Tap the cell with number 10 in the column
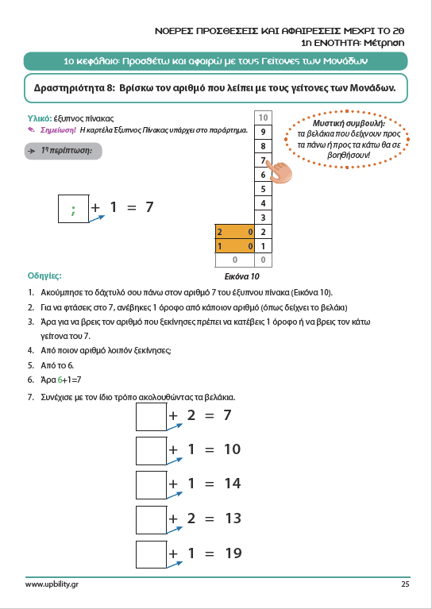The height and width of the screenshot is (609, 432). coord(263,118)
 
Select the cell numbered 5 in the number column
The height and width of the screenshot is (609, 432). coord(263,189)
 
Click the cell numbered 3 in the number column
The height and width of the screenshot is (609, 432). coord(263,218)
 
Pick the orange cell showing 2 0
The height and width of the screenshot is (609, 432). coord(234,232)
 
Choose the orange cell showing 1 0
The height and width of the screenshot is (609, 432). coord(234,246)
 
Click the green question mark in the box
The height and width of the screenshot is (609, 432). coord(73,210)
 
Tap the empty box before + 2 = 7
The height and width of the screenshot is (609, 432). coord(152,417)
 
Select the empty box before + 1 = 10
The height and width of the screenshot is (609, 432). coord(152,451)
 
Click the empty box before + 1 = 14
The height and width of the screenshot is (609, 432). coord(152,485)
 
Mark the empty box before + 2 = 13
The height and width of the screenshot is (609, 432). coord(152,520)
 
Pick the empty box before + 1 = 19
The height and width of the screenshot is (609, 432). coord(152,555)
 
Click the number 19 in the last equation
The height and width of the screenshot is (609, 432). coord(233,553)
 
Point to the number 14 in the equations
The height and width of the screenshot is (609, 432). coord(233,484)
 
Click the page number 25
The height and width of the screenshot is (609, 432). coord(406,584)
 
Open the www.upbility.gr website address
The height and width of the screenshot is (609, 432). coord(49,584)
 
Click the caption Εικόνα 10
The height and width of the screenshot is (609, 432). coord(241,276)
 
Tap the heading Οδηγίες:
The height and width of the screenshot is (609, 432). coord(44,276)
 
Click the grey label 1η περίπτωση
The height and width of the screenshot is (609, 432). coord(64,151)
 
